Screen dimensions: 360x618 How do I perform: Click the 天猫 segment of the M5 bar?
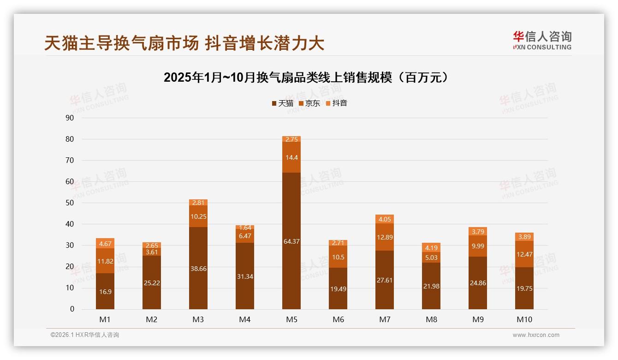pos(291,240)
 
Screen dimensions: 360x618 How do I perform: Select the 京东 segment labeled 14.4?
pos(291,157)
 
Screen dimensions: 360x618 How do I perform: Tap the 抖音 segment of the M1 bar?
pos(105,243)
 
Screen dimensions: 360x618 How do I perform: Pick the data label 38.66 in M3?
pos(198,269)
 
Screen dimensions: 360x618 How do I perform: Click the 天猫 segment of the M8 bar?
pos(431,286)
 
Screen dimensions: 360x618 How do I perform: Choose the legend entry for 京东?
pos(309,103)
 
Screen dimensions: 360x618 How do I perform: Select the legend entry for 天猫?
pos(282,103)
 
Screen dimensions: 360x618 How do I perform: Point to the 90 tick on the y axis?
pos(70,118)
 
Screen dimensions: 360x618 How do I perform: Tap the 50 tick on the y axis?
pos(70,203)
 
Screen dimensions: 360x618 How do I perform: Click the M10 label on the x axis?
pos(524,319)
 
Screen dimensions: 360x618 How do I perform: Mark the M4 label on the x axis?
pos(245,319)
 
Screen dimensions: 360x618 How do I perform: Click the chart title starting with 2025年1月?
pos(306,78)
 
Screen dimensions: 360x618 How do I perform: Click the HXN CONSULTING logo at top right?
pos(542,41)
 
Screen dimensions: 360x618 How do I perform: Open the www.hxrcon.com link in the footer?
pos(536,335)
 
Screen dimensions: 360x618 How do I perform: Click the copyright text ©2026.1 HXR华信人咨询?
pos(85,335)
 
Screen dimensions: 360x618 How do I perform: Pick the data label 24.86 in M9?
pos(478,283)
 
